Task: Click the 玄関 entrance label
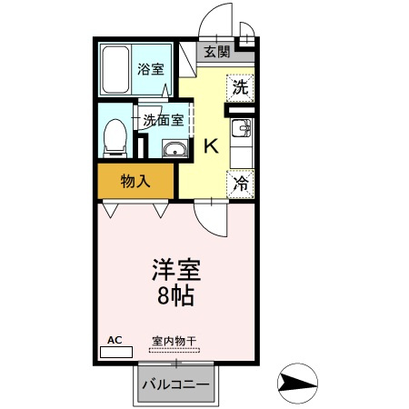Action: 216,52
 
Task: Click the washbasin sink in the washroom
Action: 173,149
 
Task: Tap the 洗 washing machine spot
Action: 239,87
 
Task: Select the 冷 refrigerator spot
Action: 240,185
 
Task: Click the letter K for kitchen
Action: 210,145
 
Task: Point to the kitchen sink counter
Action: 242,137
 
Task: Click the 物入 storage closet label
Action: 135,181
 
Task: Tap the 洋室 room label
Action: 175,271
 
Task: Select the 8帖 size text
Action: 175,295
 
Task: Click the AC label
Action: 115,339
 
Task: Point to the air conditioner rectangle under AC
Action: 115,351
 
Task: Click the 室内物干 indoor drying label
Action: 173,341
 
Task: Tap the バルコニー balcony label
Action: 176,384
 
